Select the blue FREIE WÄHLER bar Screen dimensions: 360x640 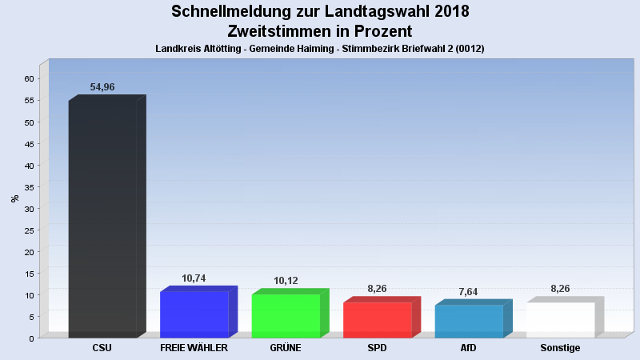click(194, 314)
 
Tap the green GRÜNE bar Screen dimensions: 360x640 click(286, 316)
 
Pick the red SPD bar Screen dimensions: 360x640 click(377, 320)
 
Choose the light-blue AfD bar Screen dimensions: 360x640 click(469, 321)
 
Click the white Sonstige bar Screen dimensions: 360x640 click(560, 320)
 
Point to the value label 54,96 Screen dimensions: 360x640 click(102, 86)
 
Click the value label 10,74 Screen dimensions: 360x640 click(194, 278)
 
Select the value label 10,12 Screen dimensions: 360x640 click(286, 281)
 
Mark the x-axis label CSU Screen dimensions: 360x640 click(102, 348)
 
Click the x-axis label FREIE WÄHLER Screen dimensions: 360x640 click(194, 348)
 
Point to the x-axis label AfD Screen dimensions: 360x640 click(469, 348)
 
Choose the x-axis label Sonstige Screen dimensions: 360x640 click(560, 348)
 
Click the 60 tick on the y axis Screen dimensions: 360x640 click(29, 79)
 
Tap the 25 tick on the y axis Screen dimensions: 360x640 click(29, 230)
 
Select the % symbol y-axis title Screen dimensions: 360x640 click(14, 198)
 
